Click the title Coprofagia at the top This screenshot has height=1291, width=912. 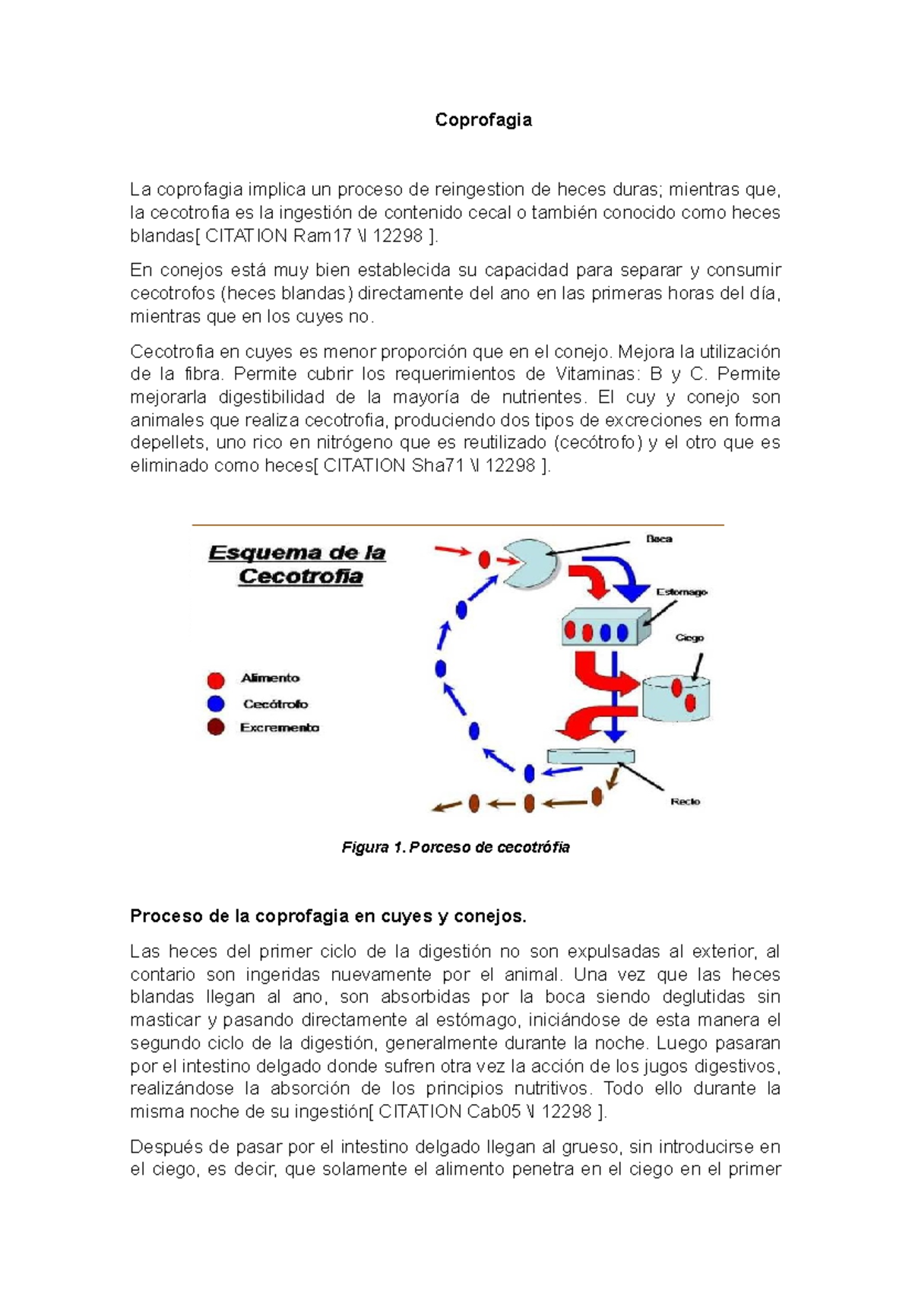483,120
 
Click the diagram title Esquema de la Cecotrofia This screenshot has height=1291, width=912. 297,564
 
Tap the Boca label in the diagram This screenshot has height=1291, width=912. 659,538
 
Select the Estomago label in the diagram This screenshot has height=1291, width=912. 681,592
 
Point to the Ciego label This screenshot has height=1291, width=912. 689,637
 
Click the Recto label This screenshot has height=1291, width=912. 685,801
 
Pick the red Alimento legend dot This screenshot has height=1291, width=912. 216,680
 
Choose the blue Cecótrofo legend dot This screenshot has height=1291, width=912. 216,704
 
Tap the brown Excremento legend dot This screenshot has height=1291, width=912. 216,728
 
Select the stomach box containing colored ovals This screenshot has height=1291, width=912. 606,628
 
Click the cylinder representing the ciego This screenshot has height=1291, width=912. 676,698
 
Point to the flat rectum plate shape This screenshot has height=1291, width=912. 591,755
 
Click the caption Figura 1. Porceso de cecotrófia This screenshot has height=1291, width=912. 455,847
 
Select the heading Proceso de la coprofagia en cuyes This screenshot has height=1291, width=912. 328,916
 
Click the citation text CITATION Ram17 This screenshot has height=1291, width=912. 277,236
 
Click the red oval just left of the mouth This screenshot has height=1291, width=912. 484,560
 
